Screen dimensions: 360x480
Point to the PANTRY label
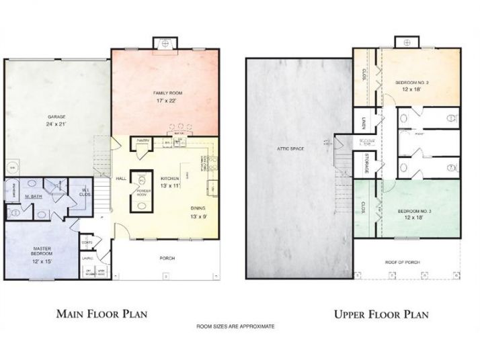click(143, 140)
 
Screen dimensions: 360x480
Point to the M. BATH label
click(34, 196)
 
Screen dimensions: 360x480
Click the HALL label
click(120, 179)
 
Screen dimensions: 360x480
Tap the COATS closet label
click(87, 242)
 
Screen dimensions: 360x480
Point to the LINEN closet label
click(362, 121)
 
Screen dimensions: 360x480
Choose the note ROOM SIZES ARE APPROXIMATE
click(235, 326)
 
